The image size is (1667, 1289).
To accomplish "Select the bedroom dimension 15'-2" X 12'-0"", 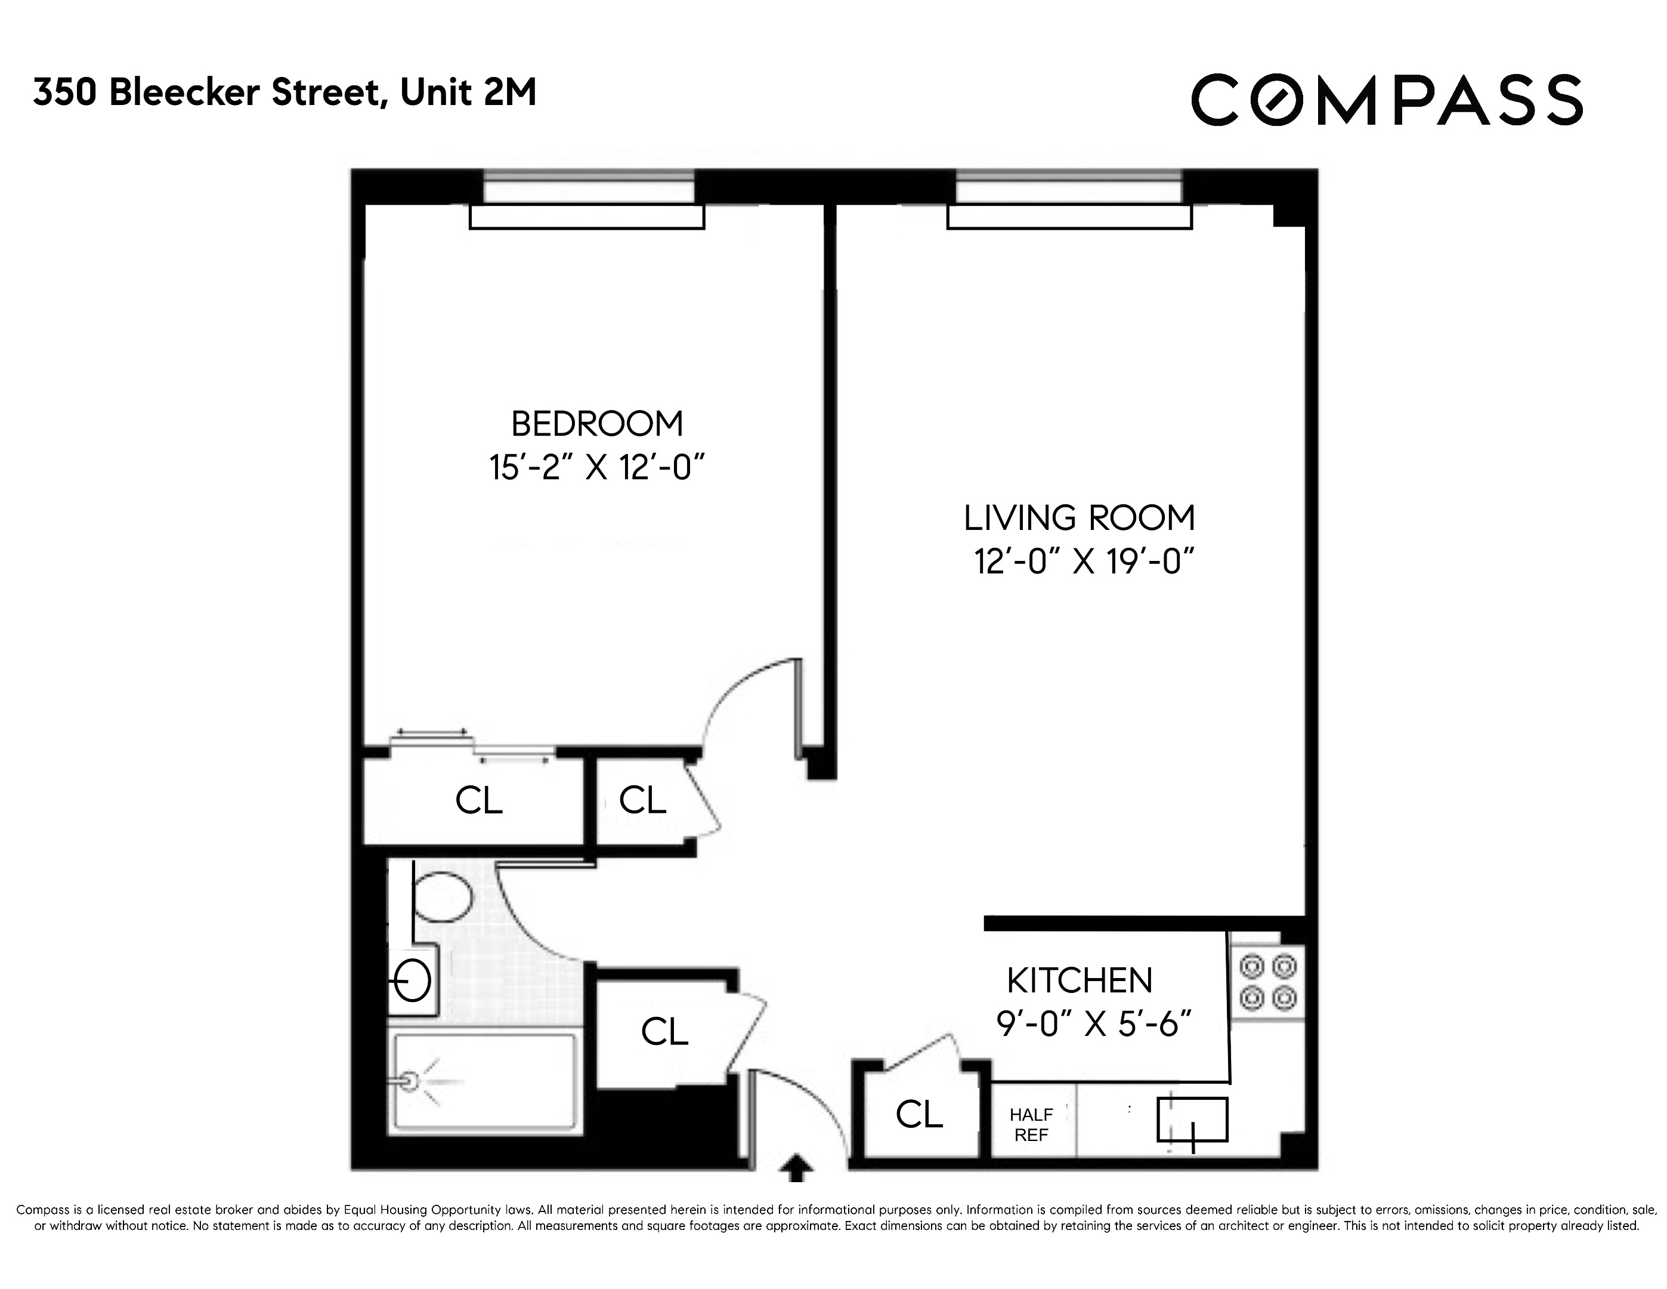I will [595, 467].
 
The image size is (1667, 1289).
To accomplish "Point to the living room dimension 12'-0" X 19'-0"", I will [1083, 562].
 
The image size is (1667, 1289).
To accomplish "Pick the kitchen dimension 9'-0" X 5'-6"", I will [1093, 1023].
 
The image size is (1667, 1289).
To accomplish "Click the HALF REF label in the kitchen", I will [1031, 1125].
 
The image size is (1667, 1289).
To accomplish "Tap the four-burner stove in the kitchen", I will [1267, 982].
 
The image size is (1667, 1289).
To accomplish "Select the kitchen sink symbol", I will [1192, 1120].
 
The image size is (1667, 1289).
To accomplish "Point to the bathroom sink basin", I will [412, 980].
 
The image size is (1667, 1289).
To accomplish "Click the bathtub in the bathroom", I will [483, 1081].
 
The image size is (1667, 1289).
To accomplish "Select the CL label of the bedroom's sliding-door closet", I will [478, 801].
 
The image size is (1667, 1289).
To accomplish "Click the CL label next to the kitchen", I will [919, 1115].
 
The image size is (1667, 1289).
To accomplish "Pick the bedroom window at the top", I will [589, 188].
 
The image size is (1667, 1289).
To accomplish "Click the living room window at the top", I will [1069, 188].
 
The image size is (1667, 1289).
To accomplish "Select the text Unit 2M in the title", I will [468, 93].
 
